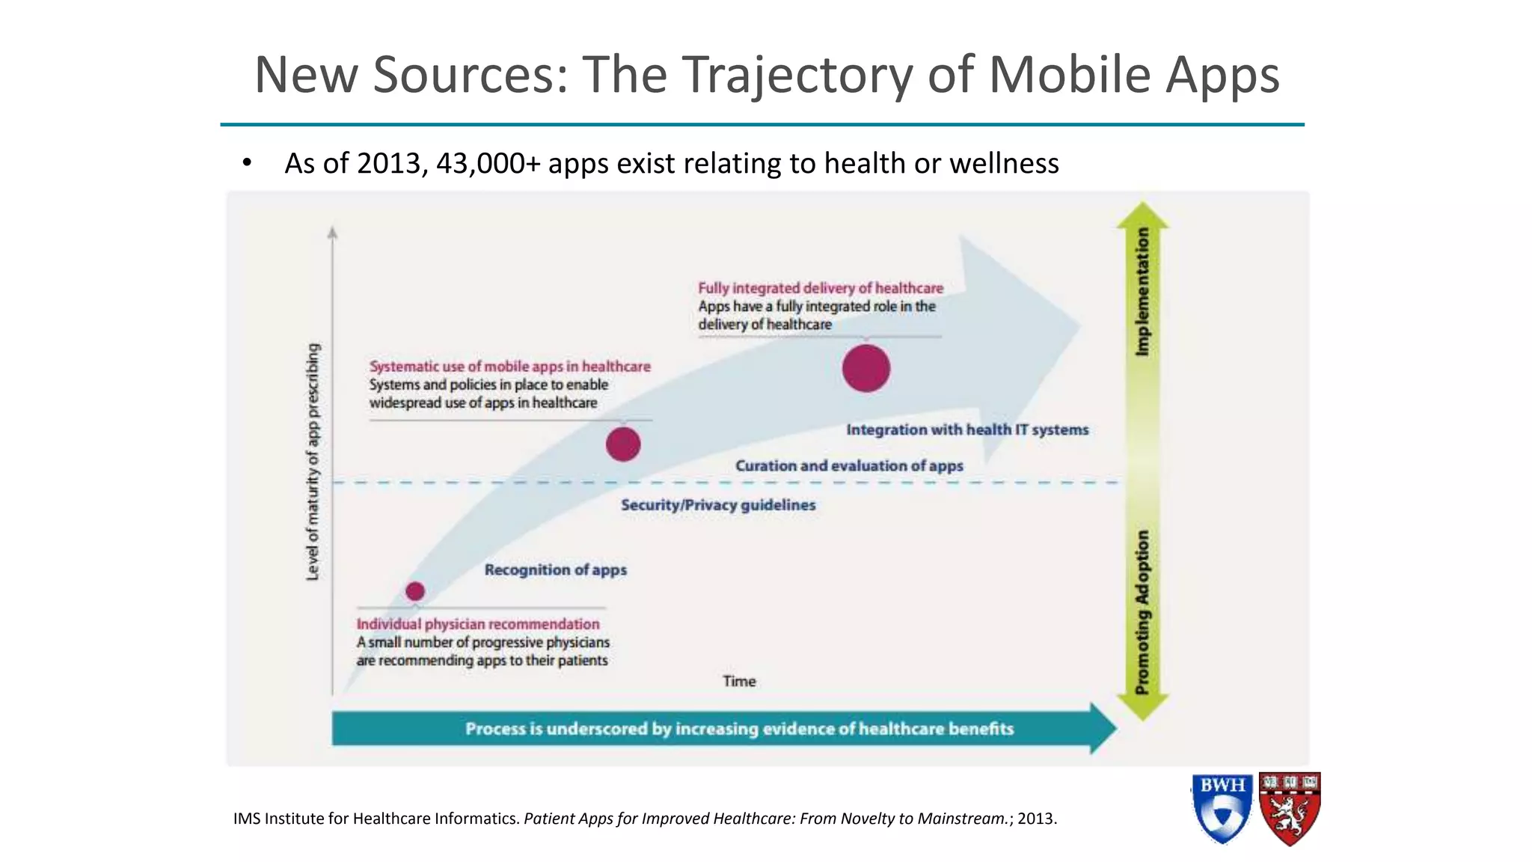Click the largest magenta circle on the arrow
(865, 368)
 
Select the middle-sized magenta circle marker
(623, 444)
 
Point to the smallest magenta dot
(415, 591)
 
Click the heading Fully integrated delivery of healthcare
(820, 288)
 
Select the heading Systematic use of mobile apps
(509, 367)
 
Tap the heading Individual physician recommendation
(477, 624)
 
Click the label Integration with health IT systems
(966, 430)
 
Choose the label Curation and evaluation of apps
(848, 465)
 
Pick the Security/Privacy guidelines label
(717, 505)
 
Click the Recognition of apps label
(555, 570)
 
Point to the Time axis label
(738, 682)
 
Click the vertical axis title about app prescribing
(313, 462)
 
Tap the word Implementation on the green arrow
(1142, 292)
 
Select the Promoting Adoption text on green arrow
(1142, 612)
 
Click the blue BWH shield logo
(1222, 809)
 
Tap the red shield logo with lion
(1289, 809)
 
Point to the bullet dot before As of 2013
(247, 163)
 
